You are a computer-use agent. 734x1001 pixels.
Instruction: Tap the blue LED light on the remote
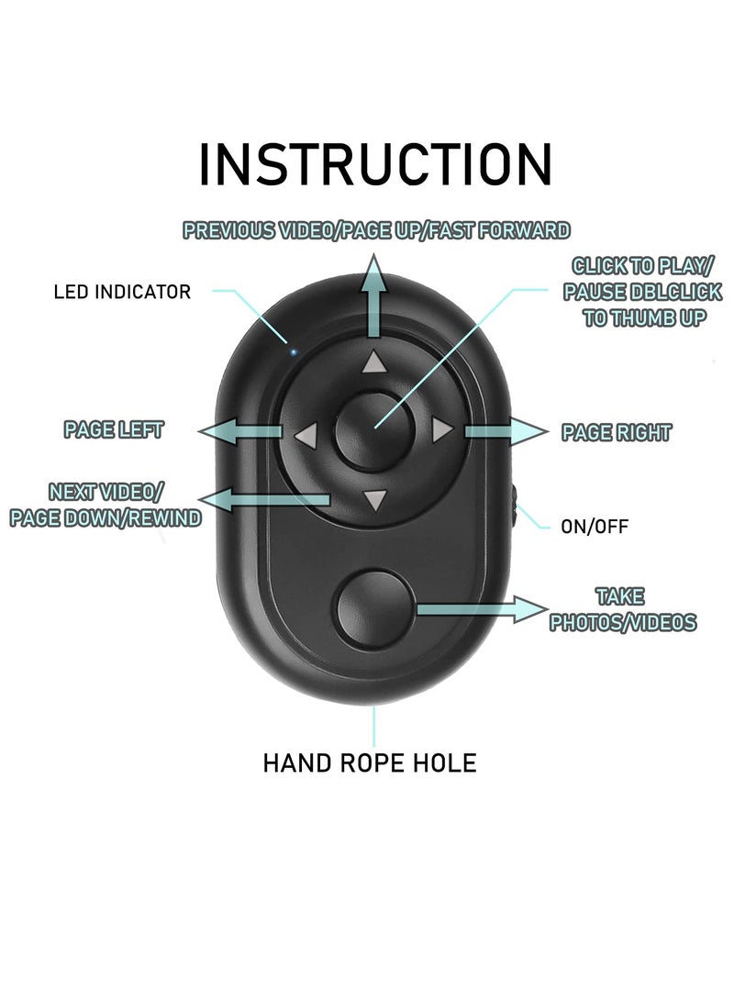point(292,350)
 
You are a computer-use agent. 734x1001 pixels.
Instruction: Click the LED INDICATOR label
point(122,292)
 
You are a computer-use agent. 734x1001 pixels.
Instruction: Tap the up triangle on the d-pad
point(373,362)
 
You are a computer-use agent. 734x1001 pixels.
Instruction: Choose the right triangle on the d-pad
point(441,429)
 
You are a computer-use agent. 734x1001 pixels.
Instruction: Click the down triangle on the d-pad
point(373,500)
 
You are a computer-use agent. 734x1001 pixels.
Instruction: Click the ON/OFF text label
point(595,527)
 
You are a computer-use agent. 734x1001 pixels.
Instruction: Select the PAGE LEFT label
point(114,429)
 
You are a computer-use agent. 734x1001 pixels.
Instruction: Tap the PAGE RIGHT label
point(616,432)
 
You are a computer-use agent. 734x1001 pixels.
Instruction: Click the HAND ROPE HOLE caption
point(370,762)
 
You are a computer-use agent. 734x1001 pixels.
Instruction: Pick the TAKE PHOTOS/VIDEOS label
point(622,610)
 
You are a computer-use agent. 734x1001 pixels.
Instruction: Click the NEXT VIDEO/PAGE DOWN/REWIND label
point(106,505)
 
